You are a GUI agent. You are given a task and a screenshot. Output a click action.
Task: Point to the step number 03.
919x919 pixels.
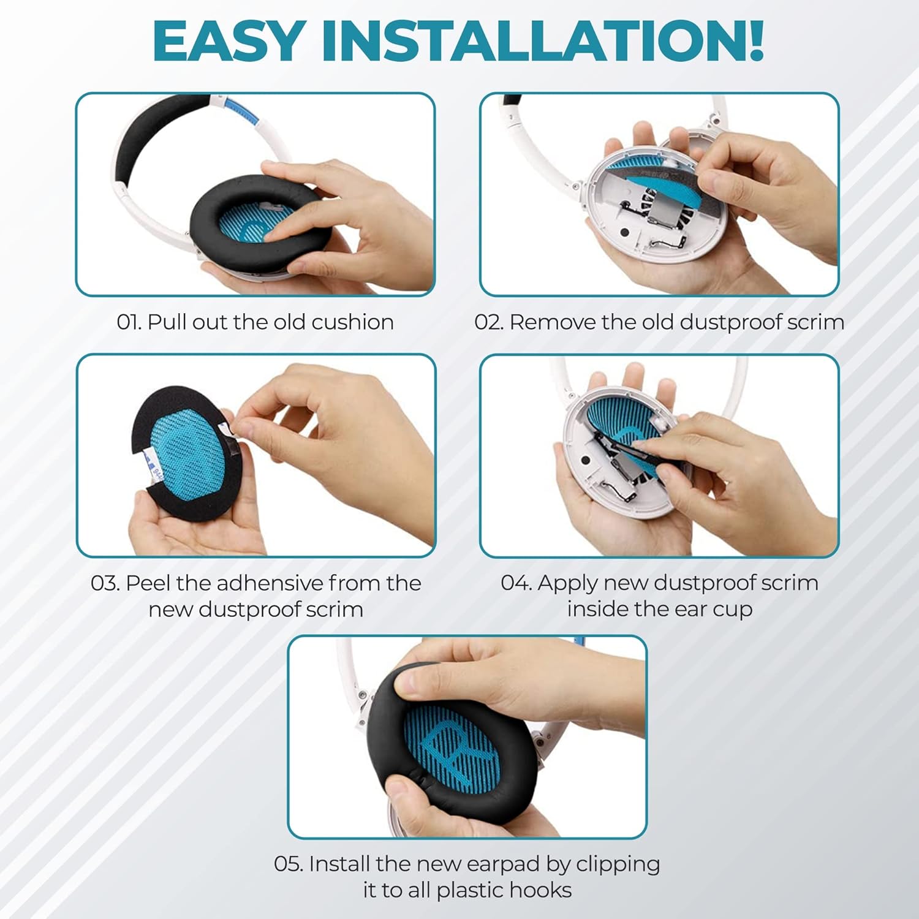pos(105,583)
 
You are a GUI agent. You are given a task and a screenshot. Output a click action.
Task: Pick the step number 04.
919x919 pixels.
pos(516,583)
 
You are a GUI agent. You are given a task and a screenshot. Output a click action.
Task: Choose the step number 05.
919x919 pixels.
pos(289,864)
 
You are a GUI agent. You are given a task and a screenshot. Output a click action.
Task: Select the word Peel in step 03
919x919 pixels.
pos(148,583)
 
